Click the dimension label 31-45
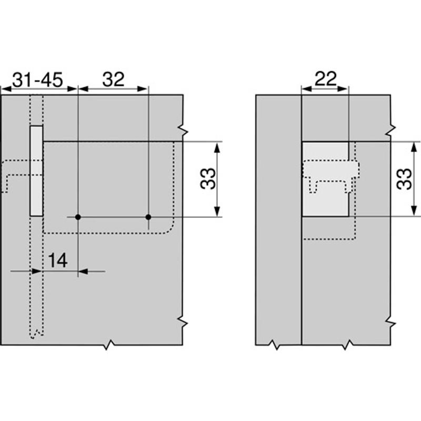pyautogui.click(x=37, y=80)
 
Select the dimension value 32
pyautogui.click(x=113, y=79)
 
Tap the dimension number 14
pyautogui.click(x=57, y=260)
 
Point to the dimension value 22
pyautogui.click(x=325, y=78)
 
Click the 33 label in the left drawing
pyautogui.click(x=208, y=178)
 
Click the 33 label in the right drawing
pyautogui.click(x=404, y=179)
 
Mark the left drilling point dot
pyautogui.click(x=78, y=217)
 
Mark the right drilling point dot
pyautogui.click(x=148, y=217)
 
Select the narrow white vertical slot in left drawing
pyautogui.click(x=36, y=171)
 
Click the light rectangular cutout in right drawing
pyautogui.click(x=325, y=179)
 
